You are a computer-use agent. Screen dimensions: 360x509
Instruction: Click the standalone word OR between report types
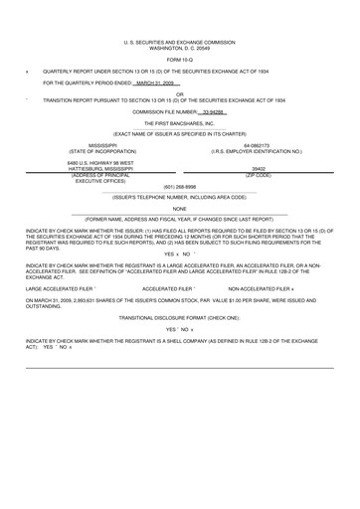click(x=180, y=93)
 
